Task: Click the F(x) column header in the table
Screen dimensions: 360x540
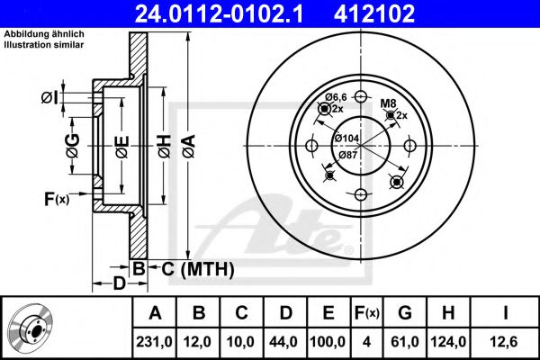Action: (x=366, y=313)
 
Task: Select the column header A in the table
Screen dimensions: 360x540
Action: (x=155, y=313)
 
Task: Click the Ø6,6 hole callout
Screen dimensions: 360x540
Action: (x=336, y=96)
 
